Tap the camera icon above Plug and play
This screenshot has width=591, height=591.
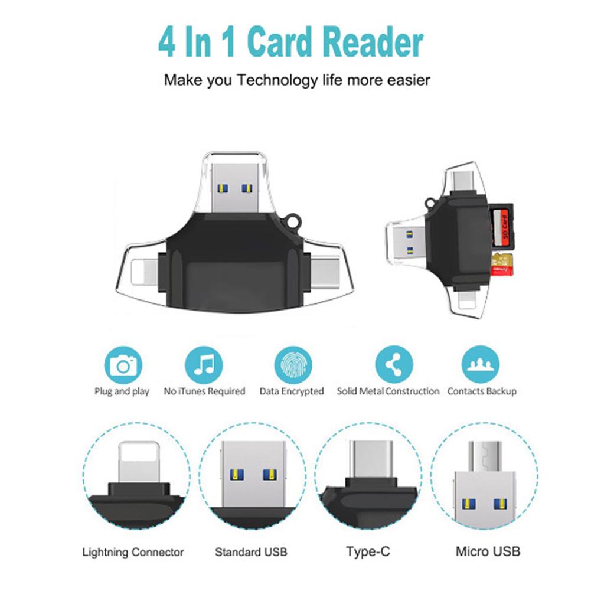pos(123,366)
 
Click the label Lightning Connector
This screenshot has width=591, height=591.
pos(133,553)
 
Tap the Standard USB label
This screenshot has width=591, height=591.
pos(251,553)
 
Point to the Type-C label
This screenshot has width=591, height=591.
pos(368,553)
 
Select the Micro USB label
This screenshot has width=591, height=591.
pos(488,553)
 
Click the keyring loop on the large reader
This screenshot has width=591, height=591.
pos(292,222)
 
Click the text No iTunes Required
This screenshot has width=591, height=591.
pos(204,391)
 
